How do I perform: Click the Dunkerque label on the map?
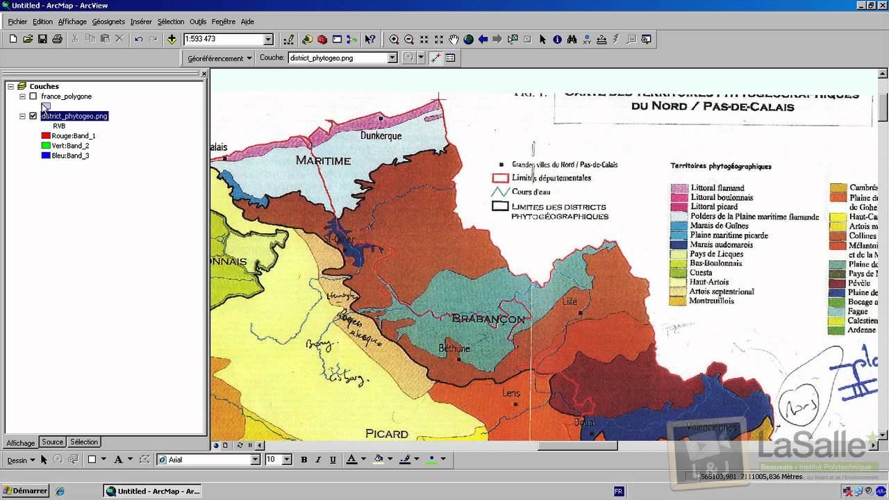[x=381, y=136]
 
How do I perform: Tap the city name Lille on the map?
[x=570, y=301]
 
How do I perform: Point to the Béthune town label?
[x=454, y=349]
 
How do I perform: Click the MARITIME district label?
[x=323, y=161]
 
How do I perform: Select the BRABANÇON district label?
[x=488, y=319]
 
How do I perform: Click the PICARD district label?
[x=387, y=434]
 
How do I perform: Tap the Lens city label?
[x=510, y=393]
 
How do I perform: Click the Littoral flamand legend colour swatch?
[x=679, y=188]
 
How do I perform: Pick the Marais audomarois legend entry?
[x=721, y=245]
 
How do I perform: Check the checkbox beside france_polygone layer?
[x=33, y=97]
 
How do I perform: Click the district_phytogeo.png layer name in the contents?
[x=74, y=116]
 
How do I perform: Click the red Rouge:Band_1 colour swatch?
[x=46, y=136]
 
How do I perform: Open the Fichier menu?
[x=17, y=22]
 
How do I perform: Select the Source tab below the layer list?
[x=52, y=442]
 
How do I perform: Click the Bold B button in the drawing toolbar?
[x=304, y=460]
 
